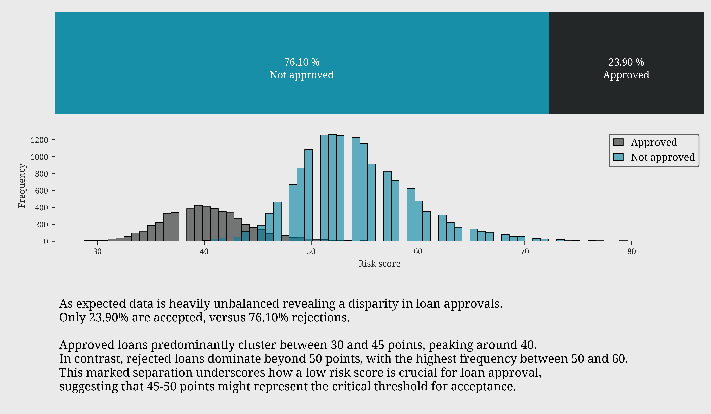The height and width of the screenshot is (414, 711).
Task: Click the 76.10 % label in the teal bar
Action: [x=302, y=62]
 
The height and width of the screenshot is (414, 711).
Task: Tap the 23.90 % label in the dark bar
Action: [x=626, y=62]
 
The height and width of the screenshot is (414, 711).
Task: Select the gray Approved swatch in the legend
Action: [x=618, y=142]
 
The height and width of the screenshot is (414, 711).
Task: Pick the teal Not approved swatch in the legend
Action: [x=618, y=157]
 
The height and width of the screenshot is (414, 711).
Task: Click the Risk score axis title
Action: [x=379, y=264]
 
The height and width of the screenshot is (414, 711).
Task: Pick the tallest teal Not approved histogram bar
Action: [x=332, y=187]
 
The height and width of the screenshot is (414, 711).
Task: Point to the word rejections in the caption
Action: [x=320, y=318]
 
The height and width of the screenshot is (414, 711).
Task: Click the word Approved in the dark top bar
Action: [x=626, y=75]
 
